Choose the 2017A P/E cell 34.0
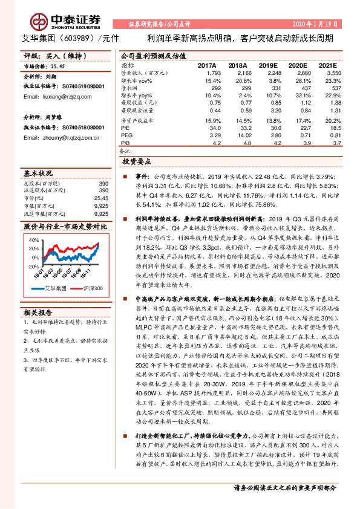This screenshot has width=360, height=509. [x=214, y=129]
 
